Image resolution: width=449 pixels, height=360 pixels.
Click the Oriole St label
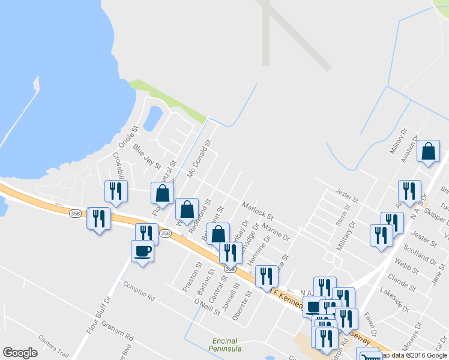click(128, 137)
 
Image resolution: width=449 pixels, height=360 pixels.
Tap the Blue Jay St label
click(148, 156)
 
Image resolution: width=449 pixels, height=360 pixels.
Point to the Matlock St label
click(258, 211)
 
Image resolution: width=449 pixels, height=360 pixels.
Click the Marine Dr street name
click(276, 233)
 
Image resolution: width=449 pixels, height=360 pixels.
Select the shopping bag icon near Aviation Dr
click(429, 153)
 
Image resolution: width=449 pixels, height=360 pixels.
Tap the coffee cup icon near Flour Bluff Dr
click(142, 251)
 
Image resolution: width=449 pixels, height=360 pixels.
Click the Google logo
click(20, 353)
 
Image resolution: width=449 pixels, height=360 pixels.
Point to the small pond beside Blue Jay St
click(153, 118)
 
